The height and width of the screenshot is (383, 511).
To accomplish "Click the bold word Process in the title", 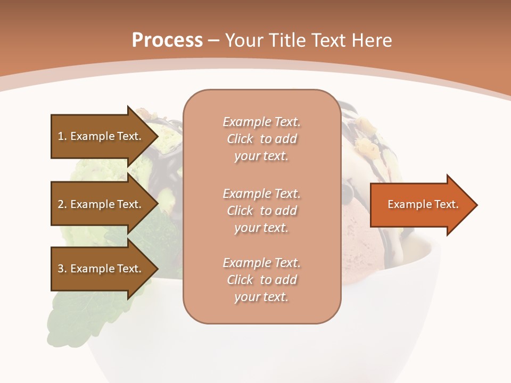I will pos(167,40).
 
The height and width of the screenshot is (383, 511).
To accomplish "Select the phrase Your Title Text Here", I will pos(309,40).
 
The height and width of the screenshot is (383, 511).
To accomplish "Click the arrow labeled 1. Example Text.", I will pos(100,136).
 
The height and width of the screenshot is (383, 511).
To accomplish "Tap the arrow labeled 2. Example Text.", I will pos(100,204).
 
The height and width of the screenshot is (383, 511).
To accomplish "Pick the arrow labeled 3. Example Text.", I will pos(100,269).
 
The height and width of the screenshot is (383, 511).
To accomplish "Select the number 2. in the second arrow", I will pos(62,204).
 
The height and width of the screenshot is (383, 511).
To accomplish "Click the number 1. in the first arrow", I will pos(62,136).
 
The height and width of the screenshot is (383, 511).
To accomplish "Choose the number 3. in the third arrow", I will pos(62,269).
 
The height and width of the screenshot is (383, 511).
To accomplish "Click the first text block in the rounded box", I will pos(261,139).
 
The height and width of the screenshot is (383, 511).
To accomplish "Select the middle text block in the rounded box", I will pos(261,210).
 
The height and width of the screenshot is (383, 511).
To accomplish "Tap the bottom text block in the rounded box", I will pos(261,280).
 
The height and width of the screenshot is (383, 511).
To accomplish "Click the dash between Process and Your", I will pos(214,40).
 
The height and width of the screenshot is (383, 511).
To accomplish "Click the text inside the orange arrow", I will pos(423,204).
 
